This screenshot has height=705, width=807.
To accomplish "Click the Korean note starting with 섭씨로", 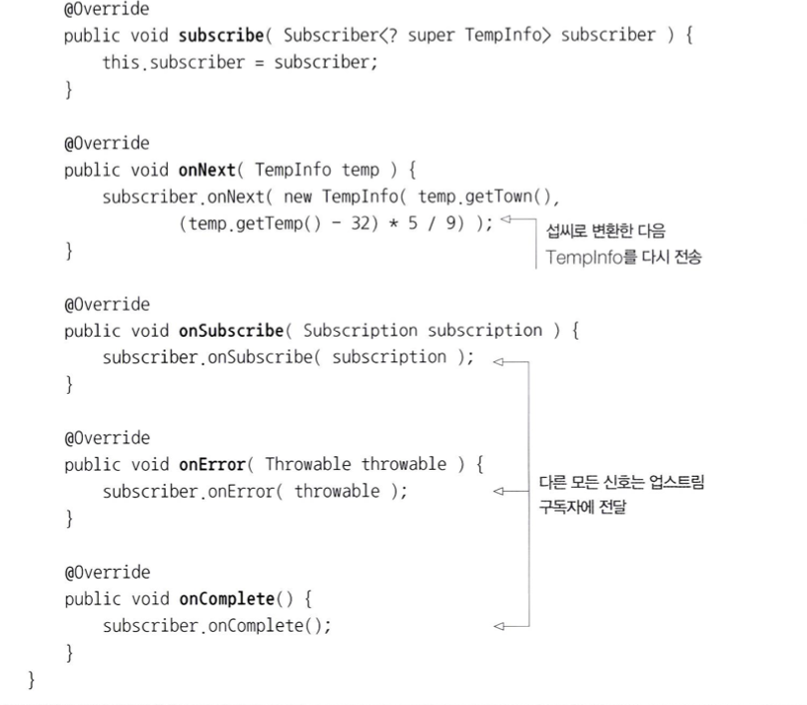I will point(605,232).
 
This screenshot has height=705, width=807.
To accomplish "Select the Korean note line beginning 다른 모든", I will point(621,483).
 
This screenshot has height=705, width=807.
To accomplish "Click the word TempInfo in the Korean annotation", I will point(585,260).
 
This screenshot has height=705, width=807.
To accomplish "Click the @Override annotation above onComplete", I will point(107,573).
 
